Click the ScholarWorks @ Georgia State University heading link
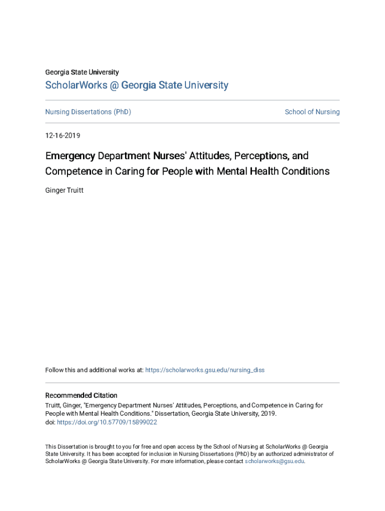[x=136, y=85]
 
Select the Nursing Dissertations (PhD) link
[x=88, y=112]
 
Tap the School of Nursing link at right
[x=312, y=112]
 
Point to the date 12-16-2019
[x=62, y=136]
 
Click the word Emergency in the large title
[x=70, y=156]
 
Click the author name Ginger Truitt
[x=64, y=190]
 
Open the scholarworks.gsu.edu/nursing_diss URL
[x=204, y=370]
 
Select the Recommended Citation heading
[x=81, y=395]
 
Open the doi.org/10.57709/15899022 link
[x=107, y=422]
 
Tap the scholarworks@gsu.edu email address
[x=274, y=462]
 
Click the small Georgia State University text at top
[x=82, y=72]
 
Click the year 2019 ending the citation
[x=268, y=414]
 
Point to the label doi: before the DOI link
[x=50, y=422]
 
